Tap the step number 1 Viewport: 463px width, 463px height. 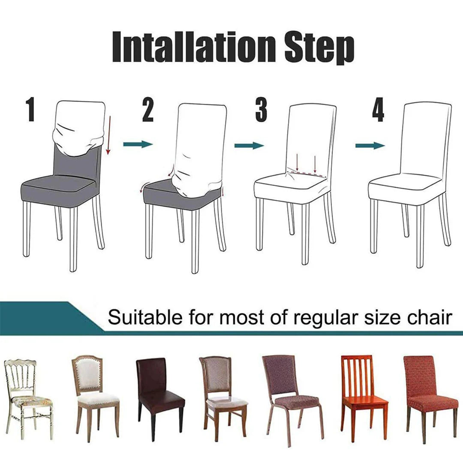tap(30, 110)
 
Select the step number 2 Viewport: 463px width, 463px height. tap(147, 110)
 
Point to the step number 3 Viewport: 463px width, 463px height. tap(261, 110)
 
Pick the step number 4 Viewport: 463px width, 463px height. tap(378, 110)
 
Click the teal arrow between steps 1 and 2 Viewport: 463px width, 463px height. tap(138, 144)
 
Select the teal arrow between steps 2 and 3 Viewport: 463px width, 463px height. tap(249, 146)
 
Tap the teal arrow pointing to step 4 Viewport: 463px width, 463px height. tap(370, 146)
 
